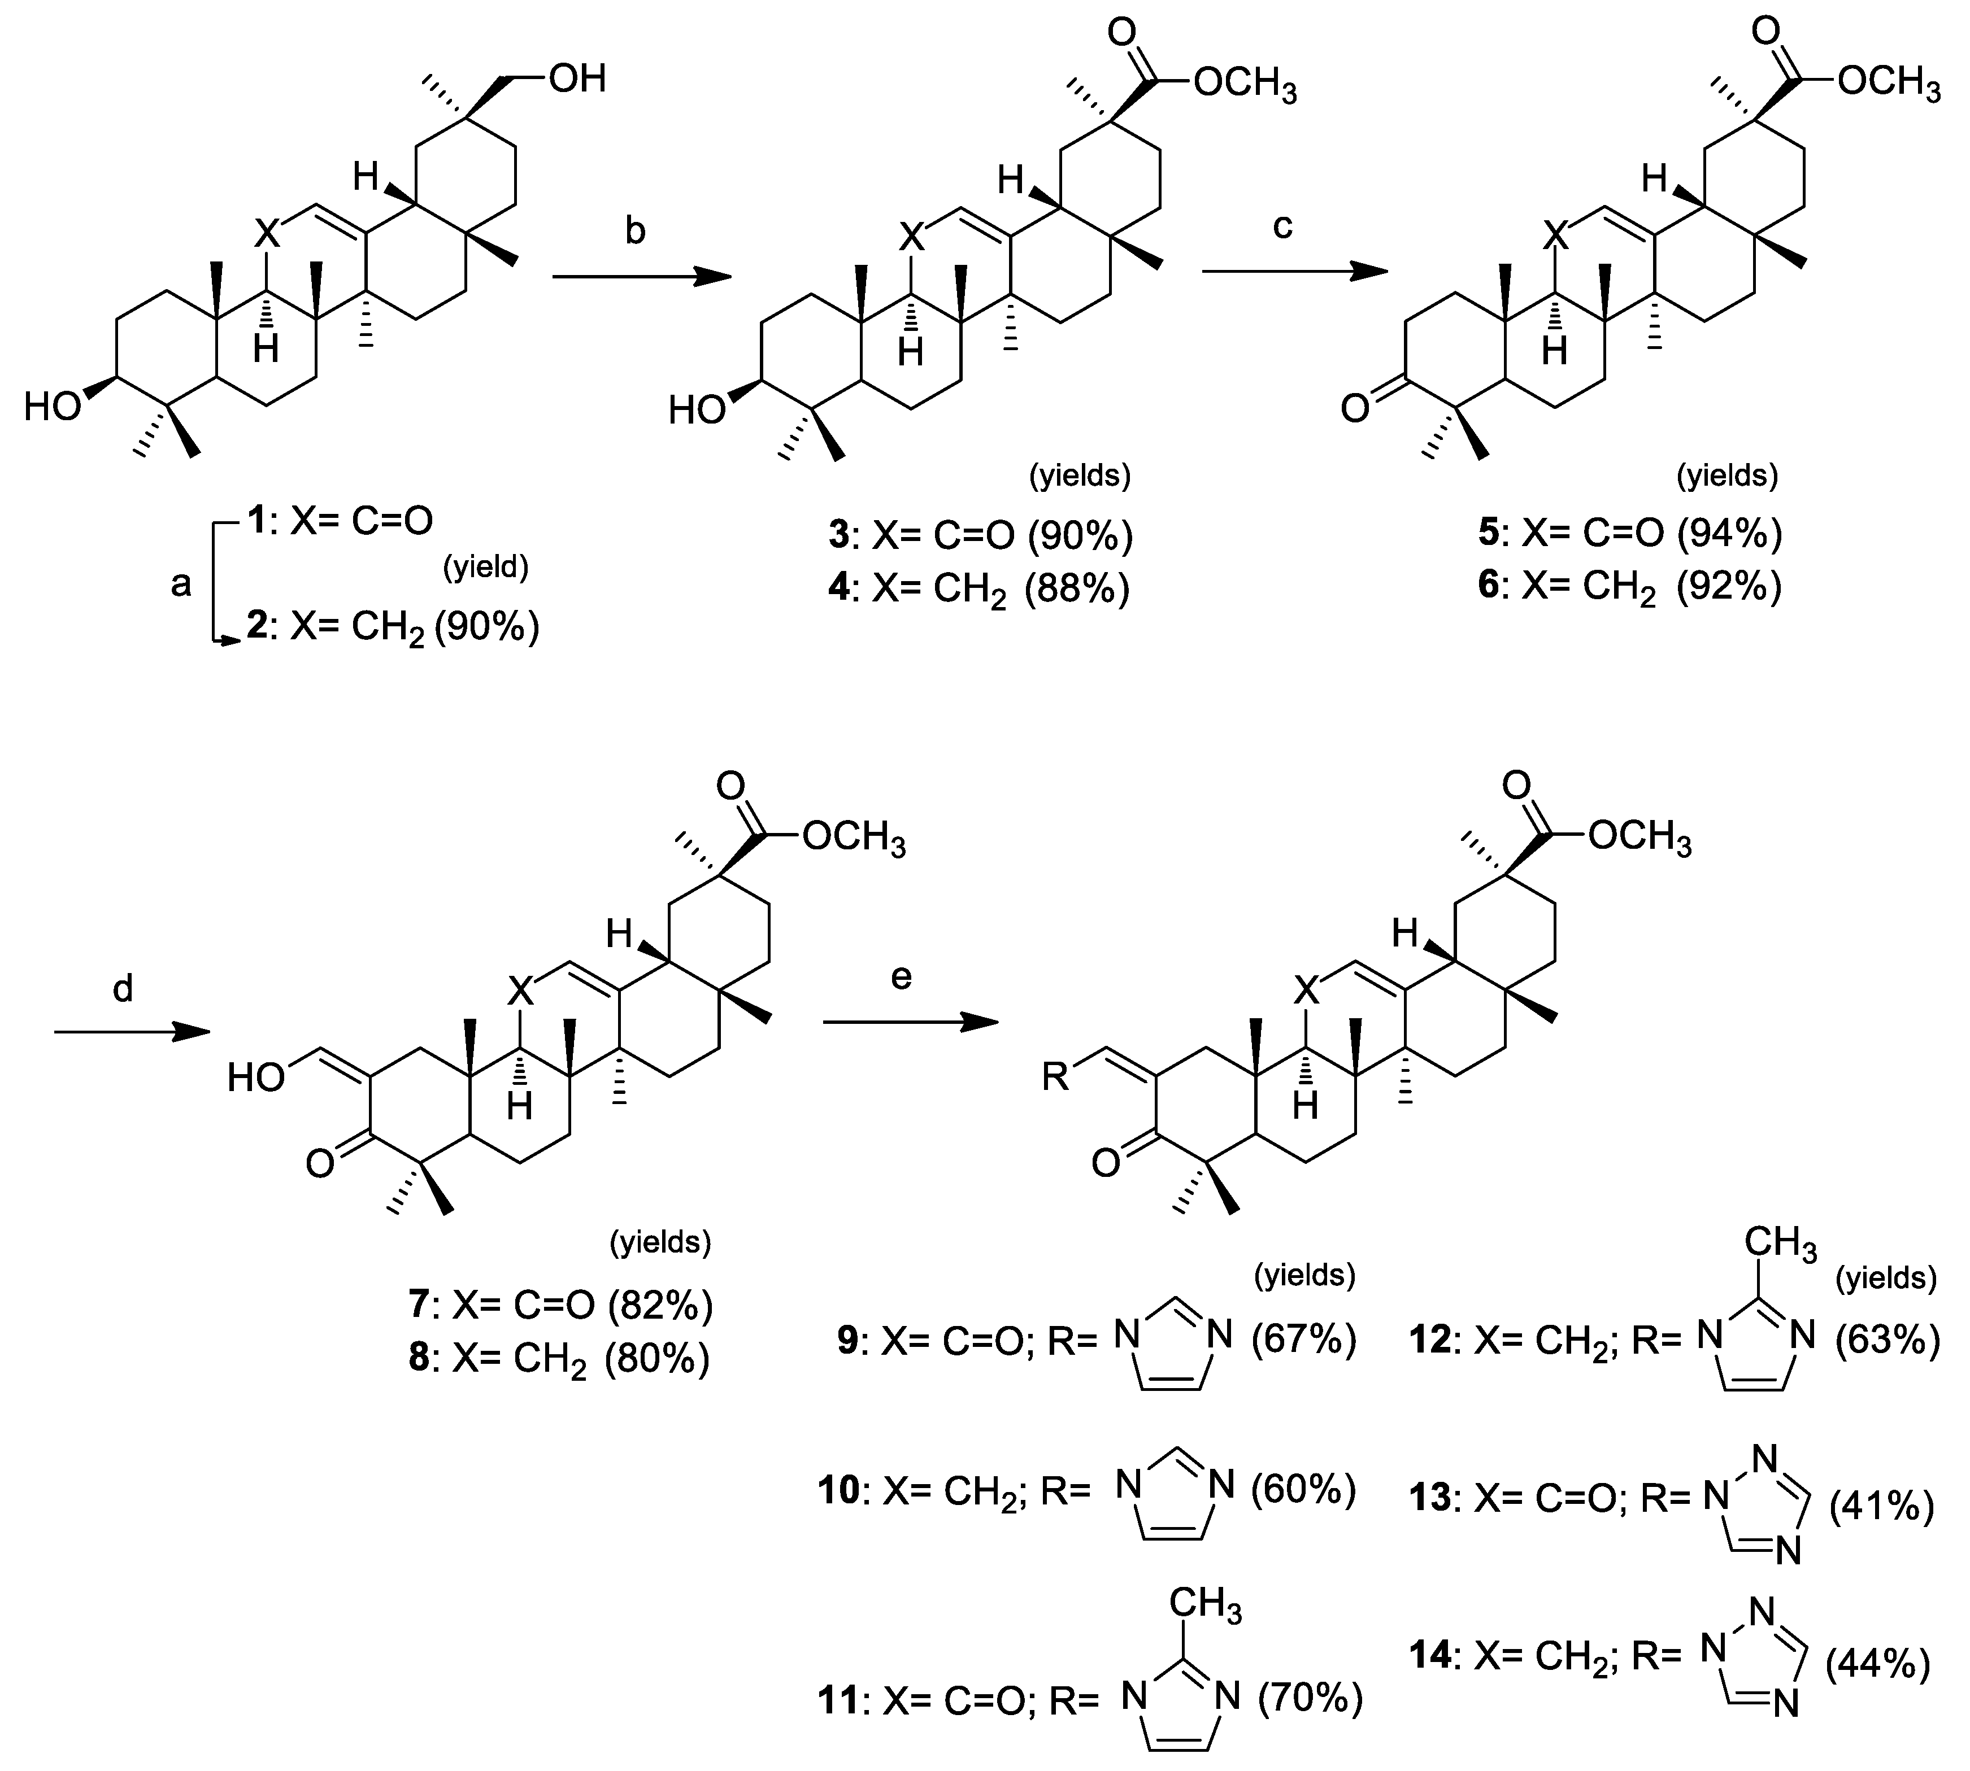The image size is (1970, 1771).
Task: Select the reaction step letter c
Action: (x=1283, y=226)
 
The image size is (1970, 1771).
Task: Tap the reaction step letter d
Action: (x=123, y=989)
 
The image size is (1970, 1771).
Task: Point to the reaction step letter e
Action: (x=901, y=976)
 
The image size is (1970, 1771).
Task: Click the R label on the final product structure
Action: (x=1055, y=1077)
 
